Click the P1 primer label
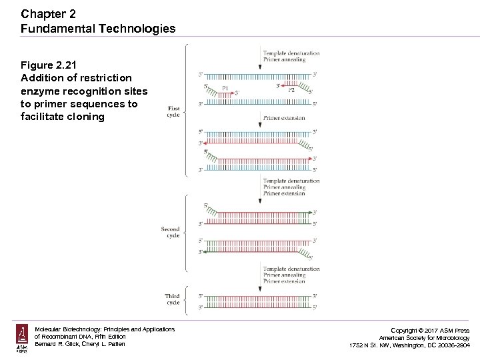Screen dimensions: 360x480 click(x=225, y=88)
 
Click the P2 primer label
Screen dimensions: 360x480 click(x=291, y=90)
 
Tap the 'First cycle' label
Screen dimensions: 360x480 click(x=173, y=111)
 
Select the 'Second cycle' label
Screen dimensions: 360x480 click(x=171, y=232)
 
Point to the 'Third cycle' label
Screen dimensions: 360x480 click(x=172, y=299)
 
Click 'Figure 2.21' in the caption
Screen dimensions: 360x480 click(x=49, y=65)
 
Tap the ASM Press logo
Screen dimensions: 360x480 click(x=23, y=338)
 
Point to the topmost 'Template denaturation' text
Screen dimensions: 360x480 click(x=291, y=53)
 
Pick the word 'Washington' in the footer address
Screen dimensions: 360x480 click(x=418, y=345)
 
